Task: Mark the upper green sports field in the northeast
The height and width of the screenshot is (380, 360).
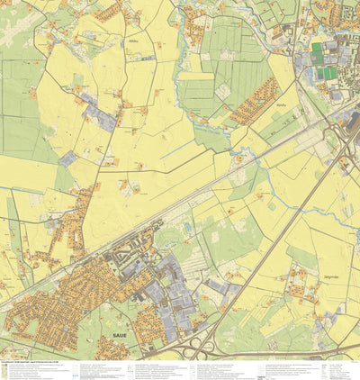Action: [317, 51]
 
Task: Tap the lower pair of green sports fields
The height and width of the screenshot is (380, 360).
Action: [325, 73]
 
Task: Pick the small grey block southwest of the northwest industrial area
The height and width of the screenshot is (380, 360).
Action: [68, 158]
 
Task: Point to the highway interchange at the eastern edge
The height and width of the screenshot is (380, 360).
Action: [345, 144]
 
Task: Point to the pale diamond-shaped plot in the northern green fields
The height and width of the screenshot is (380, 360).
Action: [220, 91]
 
